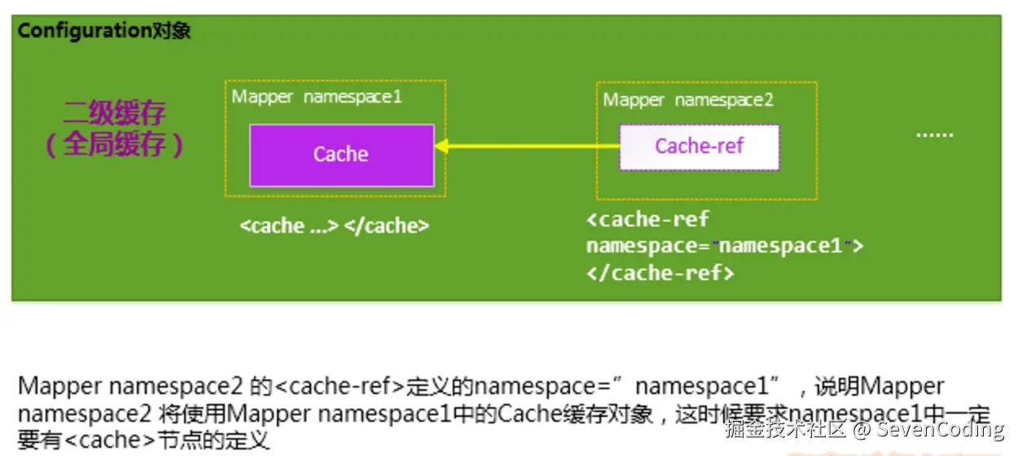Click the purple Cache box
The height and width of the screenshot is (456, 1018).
(x=342, y=156)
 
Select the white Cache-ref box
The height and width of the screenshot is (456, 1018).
(x=700, y=147)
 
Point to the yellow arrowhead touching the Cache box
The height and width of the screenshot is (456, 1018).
(x=441, y=146)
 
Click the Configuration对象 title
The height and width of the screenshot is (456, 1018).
(x=104, y=31)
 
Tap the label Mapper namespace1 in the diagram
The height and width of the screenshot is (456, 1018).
(x=317, y=97)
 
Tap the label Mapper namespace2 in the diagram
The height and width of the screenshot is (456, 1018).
(x=688, y=100)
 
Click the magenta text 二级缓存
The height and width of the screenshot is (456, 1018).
(x=115, y=112)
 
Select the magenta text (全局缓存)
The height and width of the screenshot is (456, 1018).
(x=115, y=144)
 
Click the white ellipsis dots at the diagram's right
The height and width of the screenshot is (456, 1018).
(x=935, y=135)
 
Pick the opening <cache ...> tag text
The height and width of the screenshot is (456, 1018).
(x=289, y=226)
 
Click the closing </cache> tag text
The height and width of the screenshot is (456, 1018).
(x=387, y=226)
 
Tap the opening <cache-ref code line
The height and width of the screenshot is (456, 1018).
(x=647, y=219)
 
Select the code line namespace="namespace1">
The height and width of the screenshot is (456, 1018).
(x=725, y=246)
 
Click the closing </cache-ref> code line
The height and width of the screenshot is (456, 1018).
(x=660, y=274)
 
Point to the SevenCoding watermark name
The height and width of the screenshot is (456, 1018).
(x=940, y=429)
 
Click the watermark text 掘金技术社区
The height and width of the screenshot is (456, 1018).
(x=786, y=429)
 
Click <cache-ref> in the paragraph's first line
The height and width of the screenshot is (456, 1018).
(x=340, y=387)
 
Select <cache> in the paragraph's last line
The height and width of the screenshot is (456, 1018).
(x=110, y=441)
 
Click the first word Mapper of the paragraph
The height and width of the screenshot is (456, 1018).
(x=60, y=387)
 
